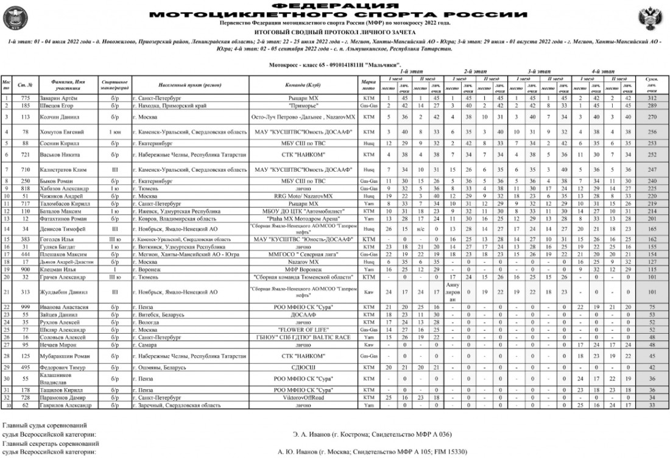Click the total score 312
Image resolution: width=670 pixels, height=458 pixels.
point(650,97)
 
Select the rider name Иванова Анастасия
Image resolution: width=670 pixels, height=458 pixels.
point(60,307)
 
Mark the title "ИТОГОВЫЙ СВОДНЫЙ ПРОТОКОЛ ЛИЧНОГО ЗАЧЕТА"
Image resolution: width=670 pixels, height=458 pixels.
point(334,30)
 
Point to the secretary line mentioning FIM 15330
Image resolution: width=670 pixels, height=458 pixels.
point(372,453)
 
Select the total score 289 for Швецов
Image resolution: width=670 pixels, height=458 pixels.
point(650,105)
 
